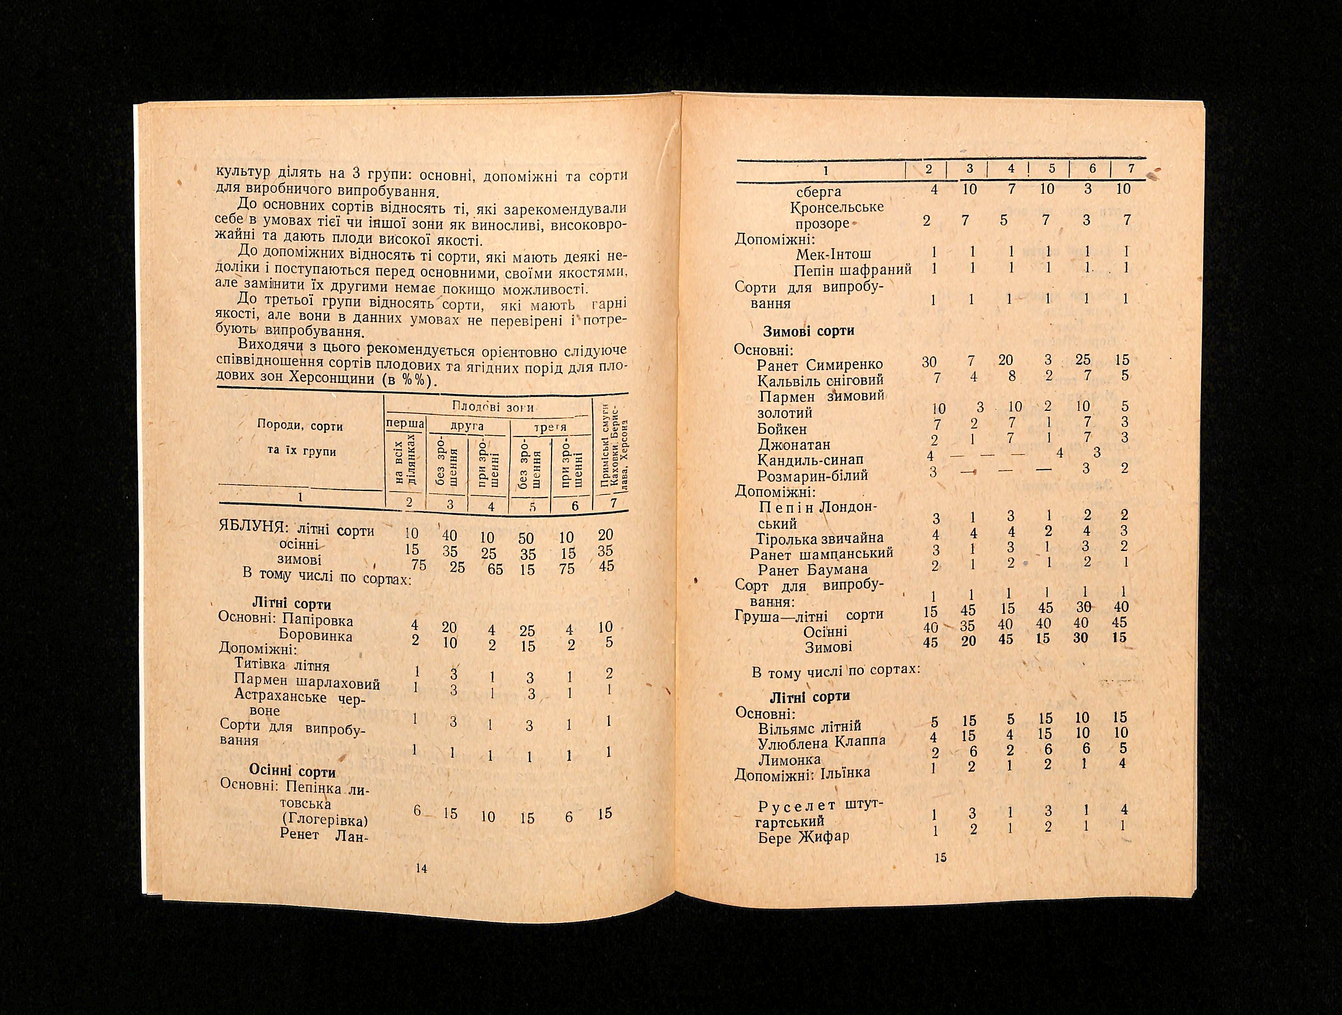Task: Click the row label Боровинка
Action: [315, 636]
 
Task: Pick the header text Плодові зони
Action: [493, 407]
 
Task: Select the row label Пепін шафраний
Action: [852, 270]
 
